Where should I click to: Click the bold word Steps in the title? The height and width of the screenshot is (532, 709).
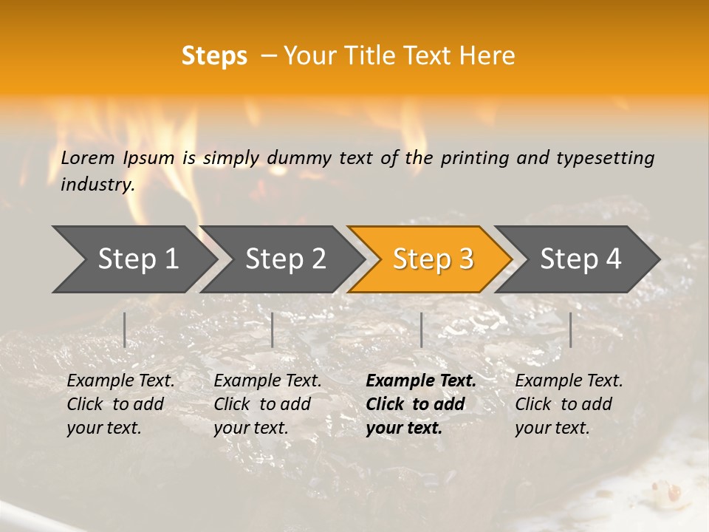tap(214, 55)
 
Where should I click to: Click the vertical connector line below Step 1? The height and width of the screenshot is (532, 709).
tap(125, 330)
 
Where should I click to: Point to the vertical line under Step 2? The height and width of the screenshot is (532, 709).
tap(273, 330)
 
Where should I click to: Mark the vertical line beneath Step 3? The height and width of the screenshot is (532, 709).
tap(421, 330)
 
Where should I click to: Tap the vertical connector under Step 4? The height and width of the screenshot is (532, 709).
tap(570, 330)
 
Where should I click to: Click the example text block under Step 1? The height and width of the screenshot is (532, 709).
tap(120, 404)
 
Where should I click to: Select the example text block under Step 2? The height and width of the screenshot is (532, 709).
tap(267, 404)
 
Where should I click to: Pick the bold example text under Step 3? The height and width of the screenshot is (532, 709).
tap(421, 404)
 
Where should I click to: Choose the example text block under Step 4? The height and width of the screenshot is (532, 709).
tap(569, 404)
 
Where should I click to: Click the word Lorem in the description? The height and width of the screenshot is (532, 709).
tap(88, 157)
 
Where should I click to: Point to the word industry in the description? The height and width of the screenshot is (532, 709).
tap(97, 185)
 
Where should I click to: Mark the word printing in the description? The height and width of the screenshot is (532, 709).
tap(476, 158)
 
